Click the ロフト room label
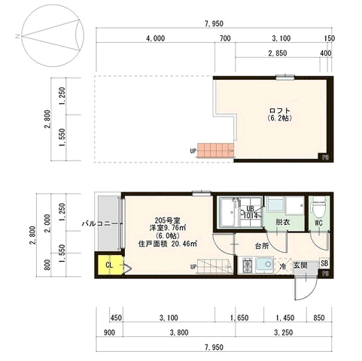(280, 111)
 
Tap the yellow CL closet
(111, 265)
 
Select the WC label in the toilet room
(318, 223)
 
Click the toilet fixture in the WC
(318, 207)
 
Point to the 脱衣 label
(283, 222)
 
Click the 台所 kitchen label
(262, 246)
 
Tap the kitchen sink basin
(265, 265)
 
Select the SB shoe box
(324, 263)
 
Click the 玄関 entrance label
(300, 265)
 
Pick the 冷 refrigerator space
(283, 266)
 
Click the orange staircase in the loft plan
(215, 150)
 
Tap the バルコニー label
(99, 223)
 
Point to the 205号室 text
(167, 220)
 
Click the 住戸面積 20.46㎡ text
(168, 244)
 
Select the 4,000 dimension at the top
(156, 38)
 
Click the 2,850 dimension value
(278, 53)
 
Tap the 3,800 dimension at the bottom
(179, 332)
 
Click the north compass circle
(53, 35)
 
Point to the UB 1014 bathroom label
(250, 212)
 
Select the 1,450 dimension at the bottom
(285, 318)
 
